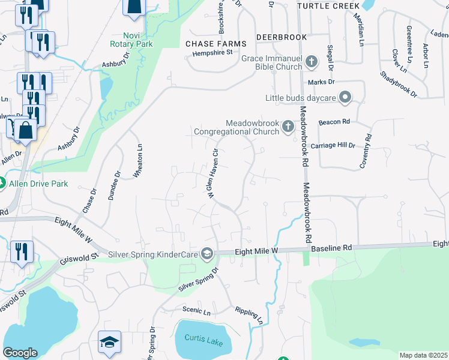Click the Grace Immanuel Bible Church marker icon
click(312, 61)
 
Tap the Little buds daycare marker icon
click(345, 97)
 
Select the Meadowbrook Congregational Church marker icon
click(288, 126)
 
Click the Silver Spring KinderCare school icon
click(207, 254)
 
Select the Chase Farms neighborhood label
click(216, 44)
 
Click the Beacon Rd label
click(334, 122)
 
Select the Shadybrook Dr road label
click(399, 83)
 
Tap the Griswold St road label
click(79, 260)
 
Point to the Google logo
click(20, 352)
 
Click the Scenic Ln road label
click(197, 312)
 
